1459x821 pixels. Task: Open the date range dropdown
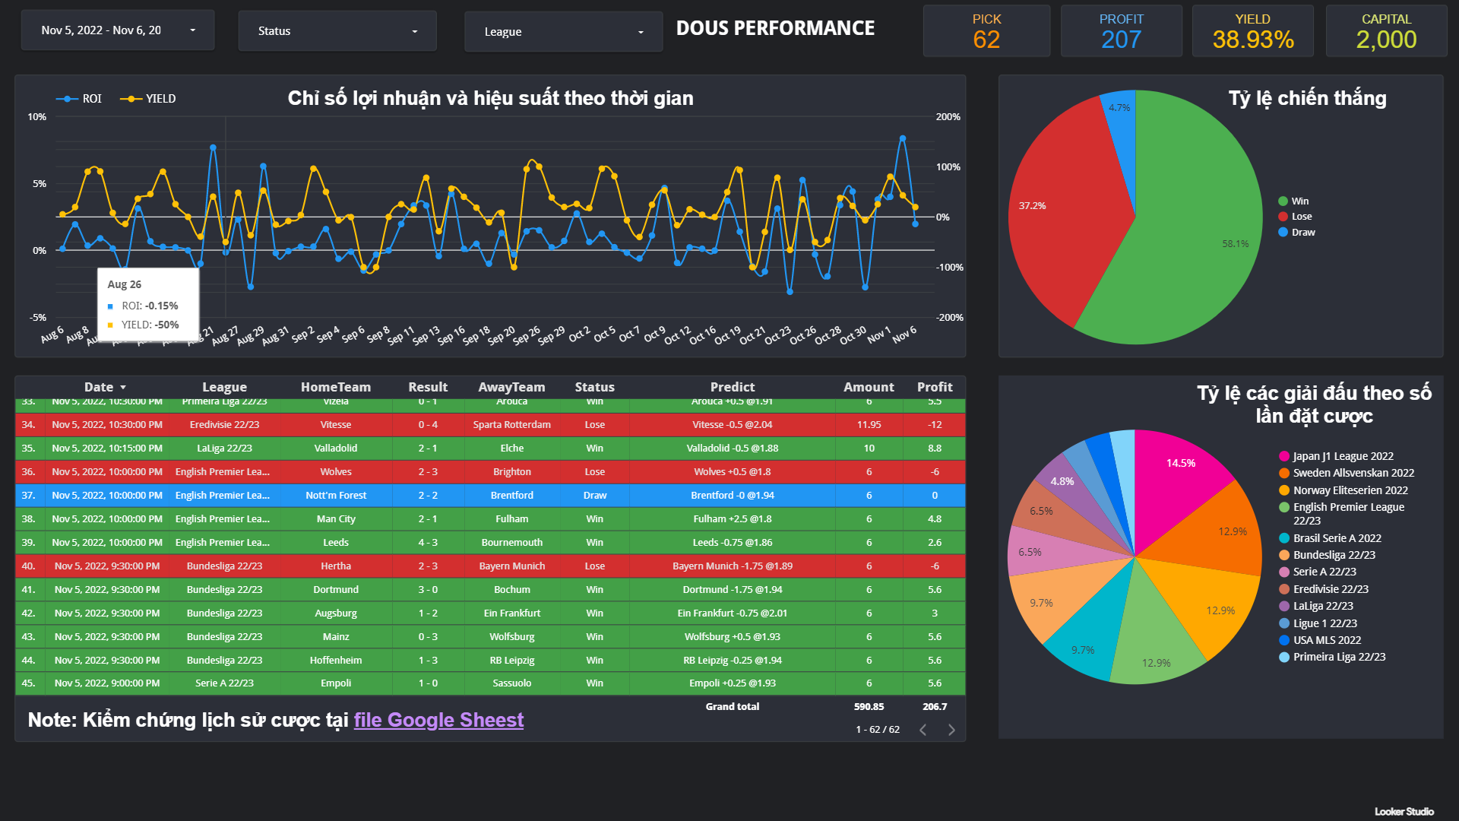(118, 30)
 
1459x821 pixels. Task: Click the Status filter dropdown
(337, 31)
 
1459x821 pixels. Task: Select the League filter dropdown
(563, 32)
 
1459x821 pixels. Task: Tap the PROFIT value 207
(1121, 40)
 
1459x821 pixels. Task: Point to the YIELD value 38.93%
(1252, 40)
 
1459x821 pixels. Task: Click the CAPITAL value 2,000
(1386, 40)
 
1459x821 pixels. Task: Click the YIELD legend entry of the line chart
(149, 99)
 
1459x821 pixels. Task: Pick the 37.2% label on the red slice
(1032, 206)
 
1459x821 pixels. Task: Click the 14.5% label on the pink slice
(1180, 463)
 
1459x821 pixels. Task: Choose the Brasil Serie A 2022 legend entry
(1337, 538)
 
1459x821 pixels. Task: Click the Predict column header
(732, 387)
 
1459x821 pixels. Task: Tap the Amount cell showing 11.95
(869, 425)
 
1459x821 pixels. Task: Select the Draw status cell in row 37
(594, 496)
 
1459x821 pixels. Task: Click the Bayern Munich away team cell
(511, 566)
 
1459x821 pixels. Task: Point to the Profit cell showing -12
(935, 425)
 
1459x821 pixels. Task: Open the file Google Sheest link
(438, 720)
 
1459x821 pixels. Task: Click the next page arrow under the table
(951, 730)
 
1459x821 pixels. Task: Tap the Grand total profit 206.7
(935, 707)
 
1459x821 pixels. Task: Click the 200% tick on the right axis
(948, 117)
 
